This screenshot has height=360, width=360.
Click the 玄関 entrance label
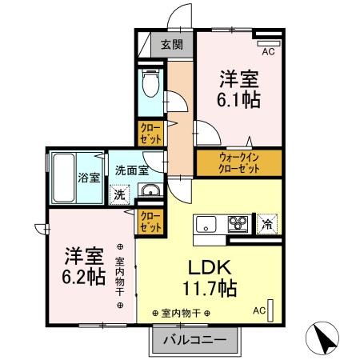170,45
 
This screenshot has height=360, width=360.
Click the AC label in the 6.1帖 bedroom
268,53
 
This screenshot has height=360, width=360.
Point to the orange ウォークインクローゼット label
238,163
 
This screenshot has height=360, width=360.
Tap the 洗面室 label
130,170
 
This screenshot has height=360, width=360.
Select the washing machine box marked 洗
118,193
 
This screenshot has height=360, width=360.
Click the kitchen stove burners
238,223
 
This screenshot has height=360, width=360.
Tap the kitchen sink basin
205,223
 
